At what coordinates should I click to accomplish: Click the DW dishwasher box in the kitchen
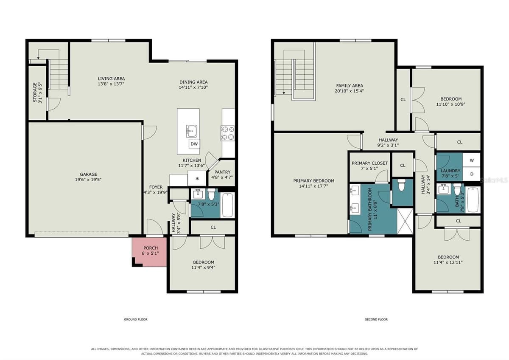[x=194, y=144]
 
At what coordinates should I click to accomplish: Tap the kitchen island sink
[x=192, y=131]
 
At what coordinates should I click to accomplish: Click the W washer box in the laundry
[x=472, y=160]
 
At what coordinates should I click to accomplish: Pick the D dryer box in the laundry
[x=472, y=174]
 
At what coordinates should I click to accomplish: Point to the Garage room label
[x=88, y=174]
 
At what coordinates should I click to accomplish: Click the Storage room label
[x=35, y=92]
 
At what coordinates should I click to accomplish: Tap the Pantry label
[x=222, y=172]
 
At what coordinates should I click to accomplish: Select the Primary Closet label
[x=370, y=163]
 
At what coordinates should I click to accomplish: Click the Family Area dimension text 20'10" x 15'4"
[x=350, y=91]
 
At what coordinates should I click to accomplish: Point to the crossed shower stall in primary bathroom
[x=405, y=221]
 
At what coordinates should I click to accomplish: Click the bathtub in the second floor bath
[x=473, y=200]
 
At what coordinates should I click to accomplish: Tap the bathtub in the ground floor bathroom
[x=227, y=205]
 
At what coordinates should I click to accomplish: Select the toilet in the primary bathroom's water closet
[x=402, y=185]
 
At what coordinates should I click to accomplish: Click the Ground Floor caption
[x=136, y=319]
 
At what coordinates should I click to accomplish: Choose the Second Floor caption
[x=376, y=319]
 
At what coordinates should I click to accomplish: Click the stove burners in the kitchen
[x=228, y=133]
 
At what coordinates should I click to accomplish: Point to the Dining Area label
[x=193, y=82]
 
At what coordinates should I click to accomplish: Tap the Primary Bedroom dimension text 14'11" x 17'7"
[x=313, y=186]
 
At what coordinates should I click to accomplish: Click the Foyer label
[x=156, y=187]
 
